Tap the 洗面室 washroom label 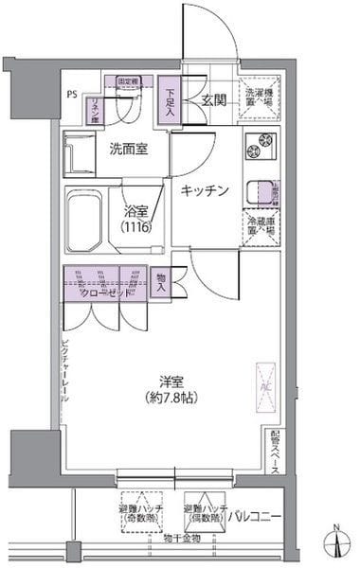click(127, 149)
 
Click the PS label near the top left click(73, 95)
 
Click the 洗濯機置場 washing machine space click(258, 98)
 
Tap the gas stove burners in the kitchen click(258, 148)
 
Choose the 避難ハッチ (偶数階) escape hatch click(204, 514)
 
